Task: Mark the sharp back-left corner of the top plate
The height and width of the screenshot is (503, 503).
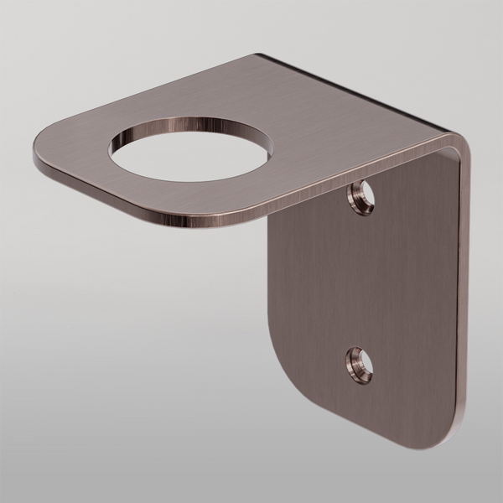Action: click(x=256, y=56)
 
